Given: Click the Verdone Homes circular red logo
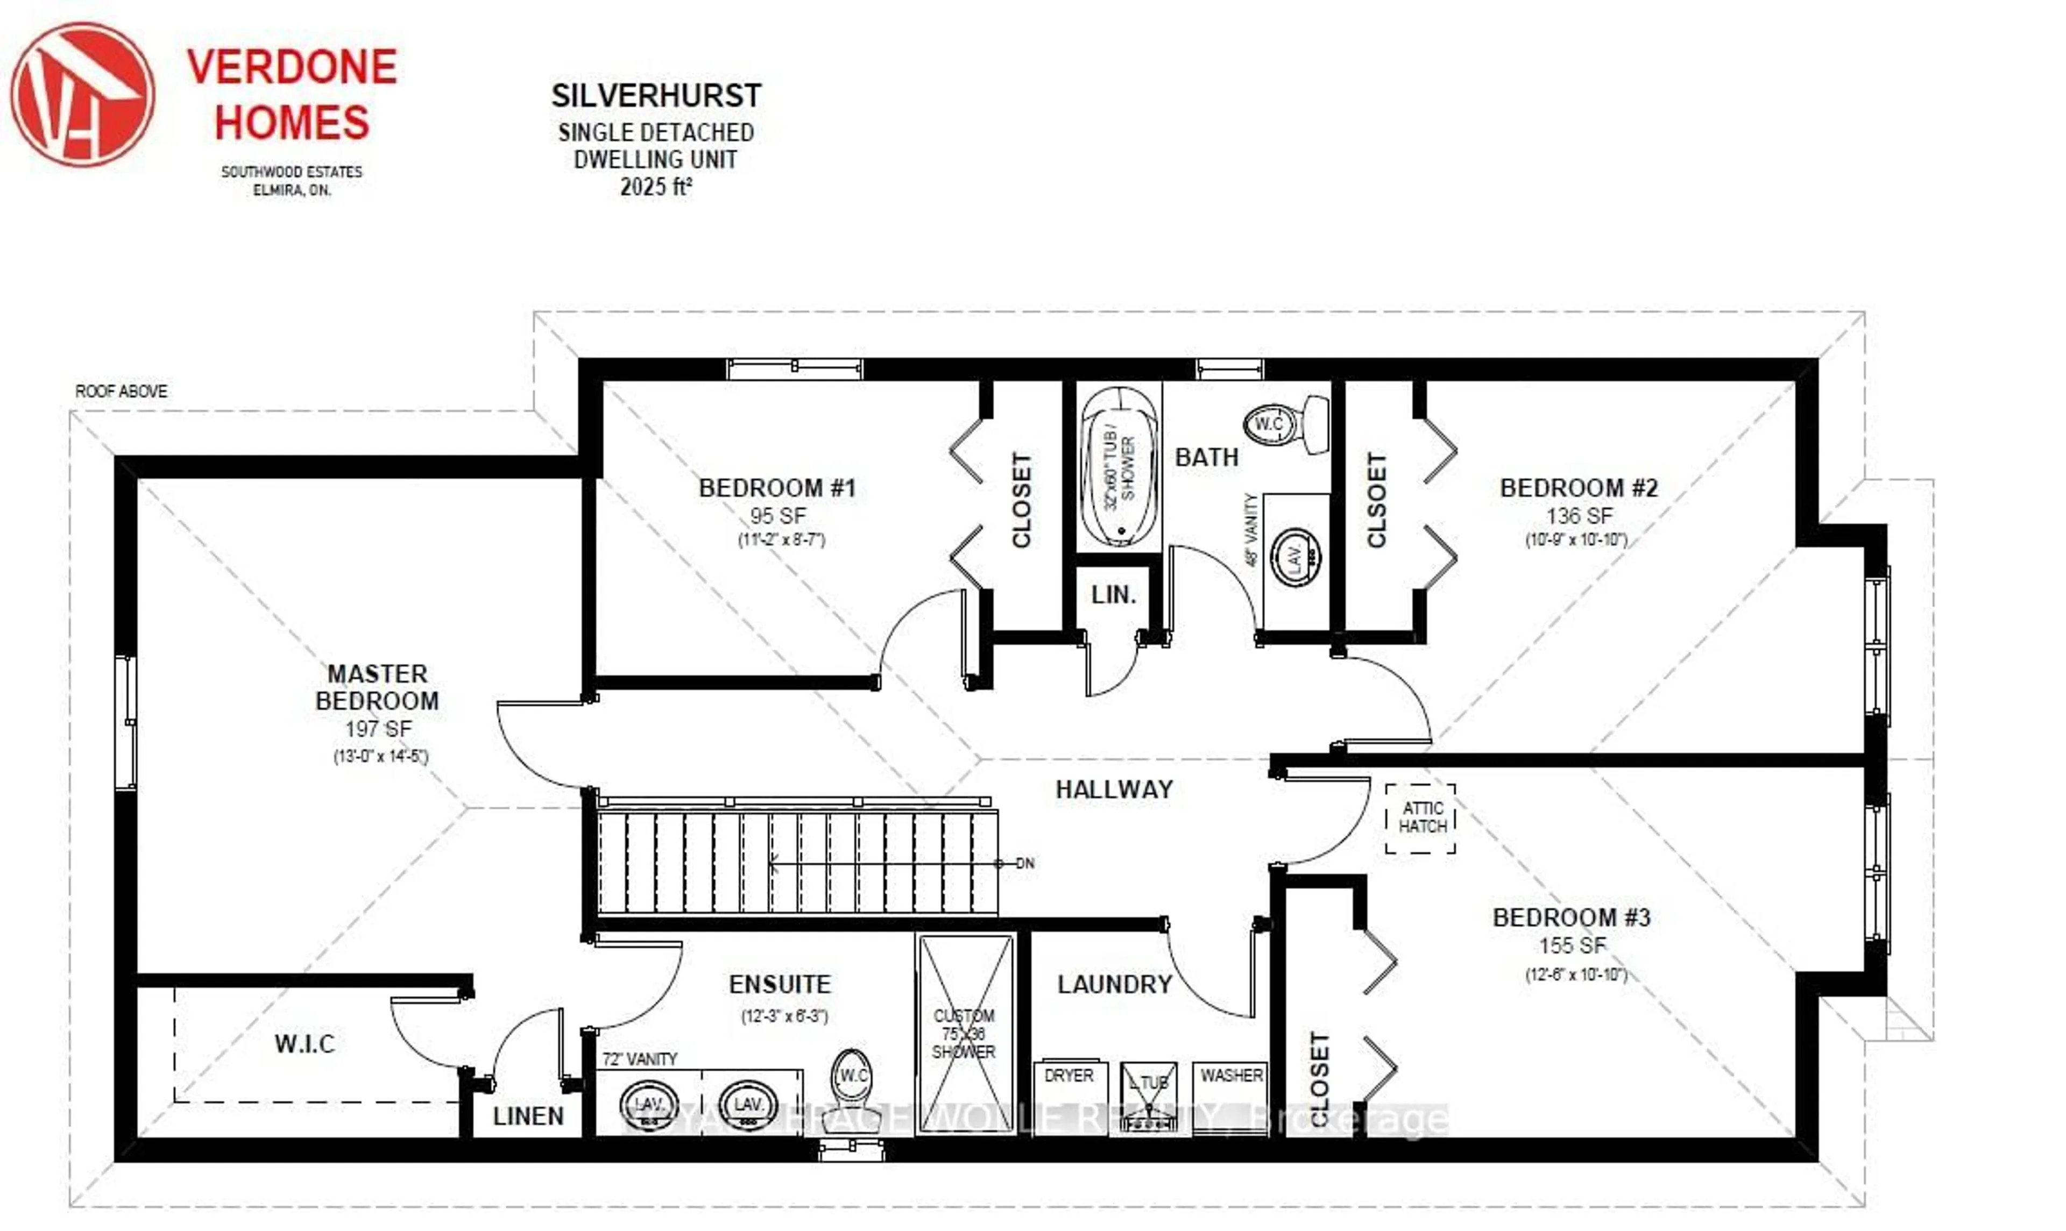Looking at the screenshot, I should coord(82,95).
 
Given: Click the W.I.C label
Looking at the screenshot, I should coord(305,1043).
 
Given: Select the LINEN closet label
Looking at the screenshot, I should coord(528,1116).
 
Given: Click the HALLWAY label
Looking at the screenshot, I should coord(1114,789).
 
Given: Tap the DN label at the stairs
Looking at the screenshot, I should coord(1025,864).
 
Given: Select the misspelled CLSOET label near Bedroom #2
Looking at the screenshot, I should coord(1376,500).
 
